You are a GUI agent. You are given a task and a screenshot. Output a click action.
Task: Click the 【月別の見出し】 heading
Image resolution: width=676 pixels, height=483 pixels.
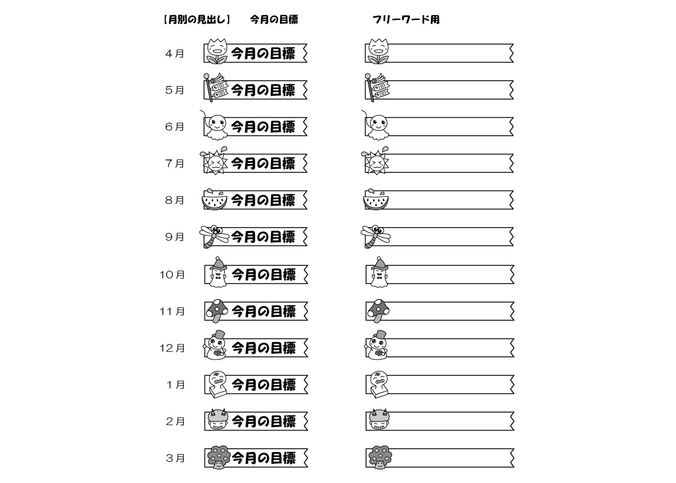coord(197,20)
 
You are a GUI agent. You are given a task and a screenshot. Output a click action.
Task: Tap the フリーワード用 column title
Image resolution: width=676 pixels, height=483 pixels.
coord(406,20)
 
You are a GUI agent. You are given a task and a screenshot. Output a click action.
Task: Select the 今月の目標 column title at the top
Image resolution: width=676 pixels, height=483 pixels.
coord(274,20)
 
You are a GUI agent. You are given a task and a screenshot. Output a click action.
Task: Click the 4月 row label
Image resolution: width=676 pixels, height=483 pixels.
coord(175,54)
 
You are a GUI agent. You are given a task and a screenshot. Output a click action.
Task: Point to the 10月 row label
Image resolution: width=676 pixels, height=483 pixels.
coord(172,274)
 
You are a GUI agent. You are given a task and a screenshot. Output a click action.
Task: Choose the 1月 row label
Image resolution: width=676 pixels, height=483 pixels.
coord(175,385)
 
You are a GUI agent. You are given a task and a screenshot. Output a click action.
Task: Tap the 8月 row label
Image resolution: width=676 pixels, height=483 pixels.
coord(175,200)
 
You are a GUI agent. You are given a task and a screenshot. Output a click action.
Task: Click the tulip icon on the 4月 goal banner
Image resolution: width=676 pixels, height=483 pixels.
coord(216,51)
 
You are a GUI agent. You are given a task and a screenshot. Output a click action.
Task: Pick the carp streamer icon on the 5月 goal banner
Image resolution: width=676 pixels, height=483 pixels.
coord(215,87)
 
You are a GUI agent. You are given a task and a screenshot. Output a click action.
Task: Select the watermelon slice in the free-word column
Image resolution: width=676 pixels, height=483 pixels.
coord(376,200)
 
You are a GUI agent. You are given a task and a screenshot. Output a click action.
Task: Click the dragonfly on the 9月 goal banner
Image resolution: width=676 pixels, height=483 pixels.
coord(214,236)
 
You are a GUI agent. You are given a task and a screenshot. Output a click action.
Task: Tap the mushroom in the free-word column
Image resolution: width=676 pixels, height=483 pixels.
coord(377,311)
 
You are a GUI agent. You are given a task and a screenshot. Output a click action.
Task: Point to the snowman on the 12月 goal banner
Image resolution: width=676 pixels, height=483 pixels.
coord(215,345)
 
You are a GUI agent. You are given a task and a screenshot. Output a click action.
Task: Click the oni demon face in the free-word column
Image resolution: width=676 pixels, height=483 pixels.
coord(379,420)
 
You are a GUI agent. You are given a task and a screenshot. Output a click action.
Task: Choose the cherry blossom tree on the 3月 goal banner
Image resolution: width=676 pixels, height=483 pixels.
coord(219,458)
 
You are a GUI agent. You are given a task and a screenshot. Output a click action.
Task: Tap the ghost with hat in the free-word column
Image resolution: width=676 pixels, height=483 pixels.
coord(379,272)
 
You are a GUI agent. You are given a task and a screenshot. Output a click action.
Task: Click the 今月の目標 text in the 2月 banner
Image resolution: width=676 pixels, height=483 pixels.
coord(264,422)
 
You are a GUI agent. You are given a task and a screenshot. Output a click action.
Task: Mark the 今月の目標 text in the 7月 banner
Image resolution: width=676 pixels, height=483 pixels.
coord(263,163)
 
